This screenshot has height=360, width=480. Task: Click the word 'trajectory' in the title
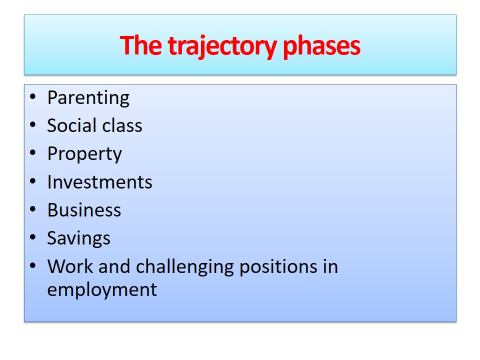(x=222, y=46)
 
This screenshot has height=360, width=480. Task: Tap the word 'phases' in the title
(x=321, y=46)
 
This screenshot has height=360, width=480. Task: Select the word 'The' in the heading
(x=141, y=45)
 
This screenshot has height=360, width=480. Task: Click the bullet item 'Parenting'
(x=88, y=98)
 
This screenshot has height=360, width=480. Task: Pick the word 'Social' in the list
(x=71, y=125)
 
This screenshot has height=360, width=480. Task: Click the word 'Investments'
(x=100, y=182)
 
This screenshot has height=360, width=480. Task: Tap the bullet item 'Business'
(x=84, y=210)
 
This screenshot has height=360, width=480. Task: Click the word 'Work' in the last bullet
(x=70, y=266)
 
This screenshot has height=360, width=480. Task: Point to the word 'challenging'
(x=185, y=267)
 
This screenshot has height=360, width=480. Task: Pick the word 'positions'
(x=278, y=267)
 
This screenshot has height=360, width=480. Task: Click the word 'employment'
(x=102, y=290)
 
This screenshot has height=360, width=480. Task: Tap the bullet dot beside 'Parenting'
(x=33, y=97)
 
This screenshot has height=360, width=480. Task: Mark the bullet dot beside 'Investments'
(x=33, y=181)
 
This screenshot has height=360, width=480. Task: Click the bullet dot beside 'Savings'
(x=33, y=237)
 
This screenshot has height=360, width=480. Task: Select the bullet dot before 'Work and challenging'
(x=33, y=265)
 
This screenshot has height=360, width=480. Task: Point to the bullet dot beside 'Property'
(x=33, y=153)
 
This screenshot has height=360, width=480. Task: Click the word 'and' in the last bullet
(x=114, y=266)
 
